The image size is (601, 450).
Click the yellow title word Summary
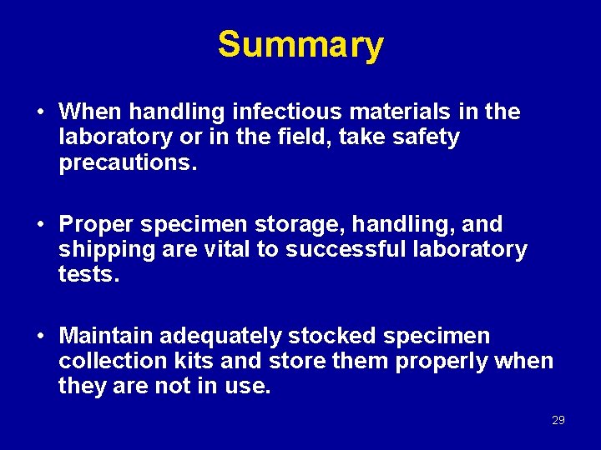300,45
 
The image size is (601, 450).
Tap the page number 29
558,420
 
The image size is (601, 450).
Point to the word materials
373,112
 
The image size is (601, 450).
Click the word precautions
128,163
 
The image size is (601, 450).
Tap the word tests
89,275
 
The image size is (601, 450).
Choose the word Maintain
106,336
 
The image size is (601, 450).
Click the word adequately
220,337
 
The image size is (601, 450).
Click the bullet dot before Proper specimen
40,225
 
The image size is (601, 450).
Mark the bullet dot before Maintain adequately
40,337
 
